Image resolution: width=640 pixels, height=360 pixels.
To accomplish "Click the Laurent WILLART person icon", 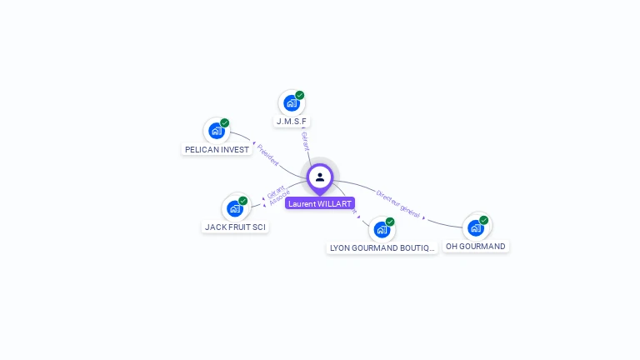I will tap(320, 177).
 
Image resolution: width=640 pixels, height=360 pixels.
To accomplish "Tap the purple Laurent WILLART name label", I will tap(320, 203).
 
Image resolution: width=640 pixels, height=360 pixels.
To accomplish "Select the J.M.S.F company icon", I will tap(291, 103).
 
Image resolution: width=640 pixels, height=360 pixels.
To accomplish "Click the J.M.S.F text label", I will tap(292, 122).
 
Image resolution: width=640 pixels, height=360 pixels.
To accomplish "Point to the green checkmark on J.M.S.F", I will tap(300, 95).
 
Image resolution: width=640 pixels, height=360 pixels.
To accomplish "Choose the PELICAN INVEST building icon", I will tap(217, 131).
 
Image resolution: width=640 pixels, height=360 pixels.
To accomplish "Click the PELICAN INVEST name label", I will tap(217, 150).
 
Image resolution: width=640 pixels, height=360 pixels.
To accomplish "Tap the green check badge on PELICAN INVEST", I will tap(225, 122).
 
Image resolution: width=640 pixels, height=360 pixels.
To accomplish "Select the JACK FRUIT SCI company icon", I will tap(235, 208).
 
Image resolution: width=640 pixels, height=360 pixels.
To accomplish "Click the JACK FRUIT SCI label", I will tap(236, 227).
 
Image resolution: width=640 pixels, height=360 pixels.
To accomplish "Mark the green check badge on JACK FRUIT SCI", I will tap(243, 201).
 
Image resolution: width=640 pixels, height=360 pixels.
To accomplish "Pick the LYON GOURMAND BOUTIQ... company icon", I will tap(382, 229).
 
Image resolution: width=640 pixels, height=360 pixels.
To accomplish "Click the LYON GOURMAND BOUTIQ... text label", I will tap(382, 247).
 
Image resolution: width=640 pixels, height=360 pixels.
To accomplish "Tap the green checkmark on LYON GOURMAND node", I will tap(390, 222).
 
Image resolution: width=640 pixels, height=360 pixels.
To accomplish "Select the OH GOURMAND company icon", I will tap(476, 227).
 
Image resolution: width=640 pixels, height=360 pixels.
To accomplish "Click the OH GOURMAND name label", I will tap(476, 247).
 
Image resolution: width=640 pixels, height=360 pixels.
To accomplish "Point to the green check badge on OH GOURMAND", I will tap(484, 220).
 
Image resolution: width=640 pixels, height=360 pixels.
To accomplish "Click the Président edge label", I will tap(267, 155).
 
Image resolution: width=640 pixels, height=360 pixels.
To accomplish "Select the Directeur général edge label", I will tap(397, 202).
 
